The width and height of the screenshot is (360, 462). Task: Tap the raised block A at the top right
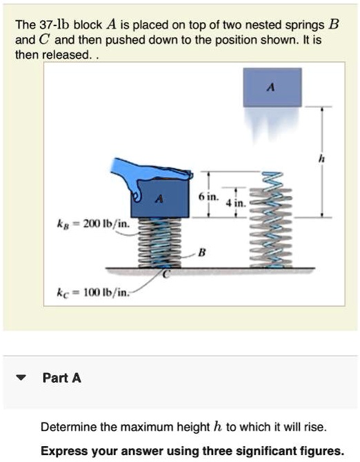272,87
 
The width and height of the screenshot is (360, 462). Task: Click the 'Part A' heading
61,378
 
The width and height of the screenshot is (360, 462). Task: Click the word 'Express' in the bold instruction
61,452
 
